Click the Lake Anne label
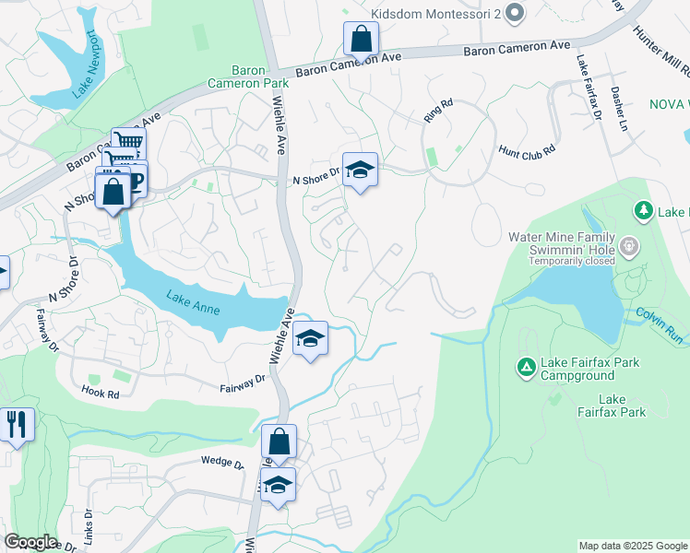point(194,302)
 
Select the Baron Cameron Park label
point(260,76)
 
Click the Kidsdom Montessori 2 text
point(434,14)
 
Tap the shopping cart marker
point(128,143)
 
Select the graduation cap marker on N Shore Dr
point(360,169)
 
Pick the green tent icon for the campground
point(526,368)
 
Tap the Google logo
point(30,542)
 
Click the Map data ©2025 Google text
point(633,546)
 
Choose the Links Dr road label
point(88,522)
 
